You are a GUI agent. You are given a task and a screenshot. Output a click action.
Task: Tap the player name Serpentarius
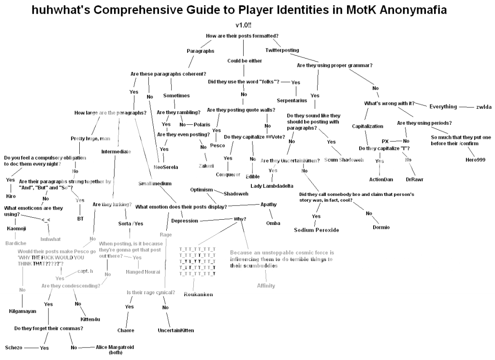point(292,100)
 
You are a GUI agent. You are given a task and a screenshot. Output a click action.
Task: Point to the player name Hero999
point(475,160)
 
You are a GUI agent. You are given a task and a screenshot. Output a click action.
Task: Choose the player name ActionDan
point(381,180)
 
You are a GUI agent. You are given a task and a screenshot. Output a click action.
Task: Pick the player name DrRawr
point(414,180)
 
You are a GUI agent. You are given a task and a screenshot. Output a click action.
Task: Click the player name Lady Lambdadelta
point(273,186)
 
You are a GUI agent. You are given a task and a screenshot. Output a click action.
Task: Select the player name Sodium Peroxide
point(317,230)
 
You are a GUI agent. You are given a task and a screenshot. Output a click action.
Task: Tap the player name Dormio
point(381,227)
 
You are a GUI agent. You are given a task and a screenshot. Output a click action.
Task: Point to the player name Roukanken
point(198,294)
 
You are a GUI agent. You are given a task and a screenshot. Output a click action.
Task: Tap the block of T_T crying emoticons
point(197,261)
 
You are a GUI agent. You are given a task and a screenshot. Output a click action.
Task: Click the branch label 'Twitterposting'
point(282,50)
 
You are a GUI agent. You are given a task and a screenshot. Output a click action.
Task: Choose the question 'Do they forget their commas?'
point(48,328)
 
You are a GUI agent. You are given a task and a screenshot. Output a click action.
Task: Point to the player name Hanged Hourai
point(140,271)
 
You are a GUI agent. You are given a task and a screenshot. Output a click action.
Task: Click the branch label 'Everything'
point(443,106)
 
